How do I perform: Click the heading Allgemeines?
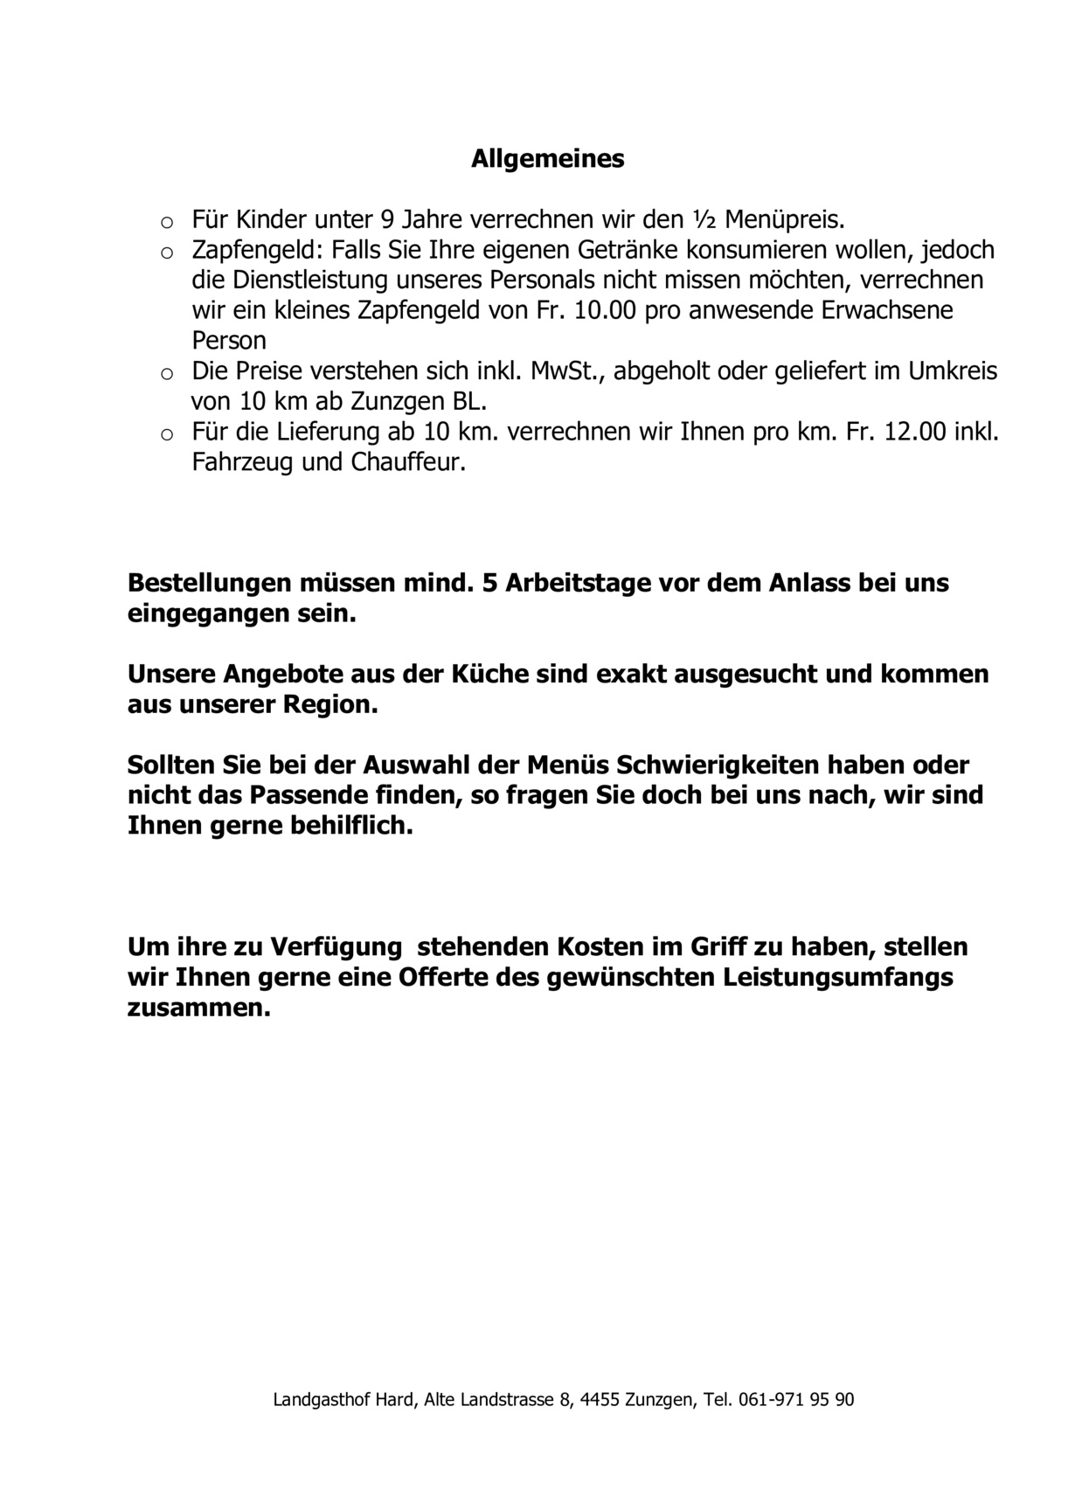click(x=548, y=159)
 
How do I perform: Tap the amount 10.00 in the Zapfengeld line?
click(x=605, y=310)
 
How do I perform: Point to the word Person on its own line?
click(x=229, y=340)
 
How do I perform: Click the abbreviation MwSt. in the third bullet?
click(x=565, y=371)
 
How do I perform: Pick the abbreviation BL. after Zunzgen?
click(x=469, y=402)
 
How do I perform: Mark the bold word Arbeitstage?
click(x=575, y=583)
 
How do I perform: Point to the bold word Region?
click(x=329, y=705)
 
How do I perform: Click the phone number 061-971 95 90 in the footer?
click(x=795, y=1400)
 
